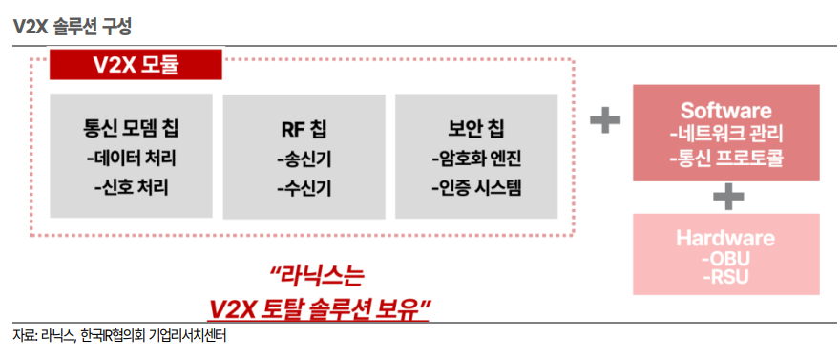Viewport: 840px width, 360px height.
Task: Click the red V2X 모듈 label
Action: tap(136, 65)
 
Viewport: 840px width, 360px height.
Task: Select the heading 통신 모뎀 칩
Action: tap(131, 129)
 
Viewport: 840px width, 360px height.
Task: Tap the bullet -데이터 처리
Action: tap(131, 159)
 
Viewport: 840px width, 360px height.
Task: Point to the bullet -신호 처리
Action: tap(131, 187)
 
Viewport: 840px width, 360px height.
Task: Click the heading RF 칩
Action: tap(304, 130)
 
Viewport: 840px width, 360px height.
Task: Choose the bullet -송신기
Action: tap(304, 159)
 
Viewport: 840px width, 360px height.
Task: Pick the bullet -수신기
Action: tap(304, 188)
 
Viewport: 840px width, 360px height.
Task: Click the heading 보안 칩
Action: tap(476, 129)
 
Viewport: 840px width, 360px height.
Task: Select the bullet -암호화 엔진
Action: tap(476, 159)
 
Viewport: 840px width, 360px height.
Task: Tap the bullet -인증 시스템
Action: tap(476, 187)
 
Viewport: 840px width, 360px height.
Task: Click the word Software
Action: tap(725, 111)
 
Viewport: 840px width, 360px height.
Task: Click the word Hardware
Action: tap(725, 238)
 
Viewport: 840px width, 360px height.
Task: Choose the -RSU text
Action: tap(725, 277)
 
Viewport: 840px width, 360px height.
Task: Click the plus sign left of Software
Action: tap(605, 119)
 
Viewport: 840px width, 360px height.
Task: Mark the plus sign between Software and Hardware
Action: tap(728, 198)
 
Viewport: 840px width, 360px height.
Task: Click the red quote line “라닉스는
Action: tap(317, 279)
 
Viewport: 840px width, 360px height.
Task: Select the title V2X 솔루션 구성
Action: tap(73, 28)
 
